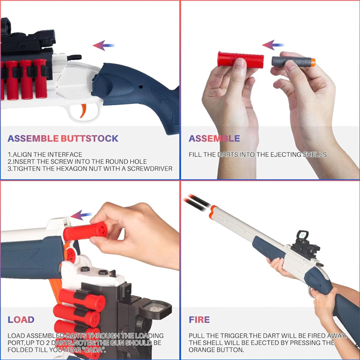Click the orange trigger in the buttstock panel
point(83,110)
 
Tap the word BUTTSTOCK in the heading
point(89,139)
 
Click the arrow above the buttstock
point(104,45)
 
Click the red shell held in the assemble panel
point(241,59)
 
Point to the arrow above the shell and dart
point(273,45)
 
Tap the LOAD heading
point(21,320)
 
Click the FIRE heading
point(199,320)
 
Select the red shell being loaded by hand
point(85,231)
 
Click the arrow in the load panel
point(81,215)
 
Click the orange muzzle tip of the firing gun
point(213,212)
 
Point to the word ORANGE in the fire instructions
point(202,350)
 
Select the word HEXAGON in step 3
point(71,169)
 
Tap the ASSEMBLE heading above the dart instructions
point(214,139)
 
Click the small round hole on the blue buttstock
point(141,87)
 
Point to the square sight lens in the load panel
point(155,307)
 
